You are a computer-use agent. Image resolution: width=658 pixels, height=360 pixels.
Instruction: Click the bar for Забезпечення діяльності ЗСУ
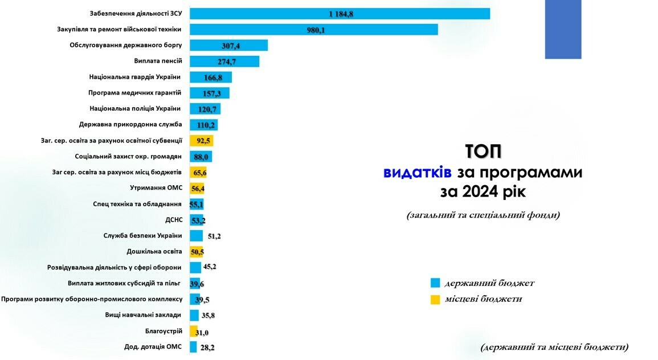tap(340, 14)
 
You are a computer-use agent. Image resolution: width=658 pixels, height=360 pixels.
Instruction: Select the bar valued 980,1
tap(313, 30)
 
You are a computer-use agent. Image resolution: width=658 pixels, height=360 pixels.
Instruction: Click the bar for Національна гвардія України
tap(210, 77)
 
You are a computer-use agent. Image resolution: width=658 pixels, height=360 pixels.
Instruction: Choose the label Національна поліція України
tap(135, 108)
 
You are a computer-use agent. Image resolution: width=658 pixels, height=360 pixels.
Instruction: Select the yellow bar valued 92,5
tap(201, 141)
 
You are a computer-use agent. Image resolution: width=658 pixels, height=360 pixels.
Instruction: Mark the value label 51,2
tap(215, 236)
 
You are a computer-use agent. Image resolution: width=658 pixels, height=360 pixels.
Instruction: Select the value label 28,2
tap(207, 347)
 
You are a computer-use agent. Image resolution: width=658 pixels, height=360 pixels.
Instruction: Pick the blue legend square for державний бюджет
tap(435, 283)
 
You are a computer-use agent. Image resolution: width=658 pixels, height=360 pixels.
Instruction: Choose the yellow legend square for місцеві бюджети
tap(435, 299)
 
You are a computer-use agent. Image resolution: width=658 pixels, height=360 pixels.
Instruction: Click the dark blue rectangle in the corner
tap(563, 29)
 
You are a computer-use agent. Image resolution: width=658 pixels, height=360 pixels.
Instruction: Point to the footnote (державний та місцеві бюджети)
tap(554, 346)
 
